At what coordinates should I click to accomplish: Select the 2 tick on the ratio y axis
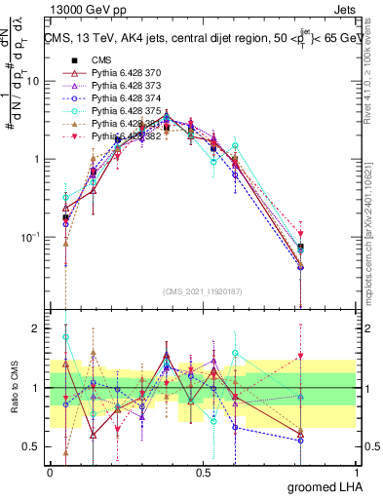(x=38, y=328)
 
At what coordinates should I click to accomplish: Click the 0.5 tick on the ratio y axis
(x=34, y=447)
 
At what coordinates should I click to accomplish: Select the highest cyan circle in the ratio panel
(x=65, y=337)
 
